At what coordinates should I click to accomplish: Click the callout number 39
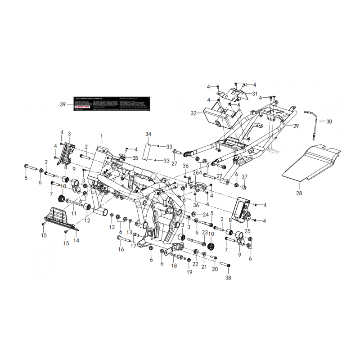point(63,104)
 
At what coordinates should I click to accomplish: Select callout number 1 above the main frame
point(102,135)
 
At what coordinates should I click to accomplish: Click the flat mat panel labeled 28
point(313,162)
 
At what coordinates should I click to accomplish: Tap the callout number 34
point(148,134)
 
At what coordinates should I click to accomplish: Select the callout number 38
point(228,278)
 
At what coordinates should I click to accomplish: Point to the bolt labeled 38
point(225,265)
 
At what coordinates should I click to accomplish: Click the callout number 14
point(76,240)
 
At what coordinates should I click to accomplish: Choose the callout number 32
point(193,113)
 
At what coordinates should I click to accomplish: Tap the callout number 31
point(255,94)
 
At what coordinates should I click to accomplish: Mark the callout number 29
point(296,126)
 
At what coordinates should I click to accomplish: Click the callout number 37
point(245,176)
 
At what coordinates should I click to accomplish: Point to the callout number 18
point(174,266)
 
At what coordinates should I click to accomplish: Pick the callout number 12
point(87,220)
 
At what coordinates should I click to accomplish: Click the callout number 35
point(135,158)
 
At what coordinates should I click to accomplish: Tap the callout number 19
point(189,272)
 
